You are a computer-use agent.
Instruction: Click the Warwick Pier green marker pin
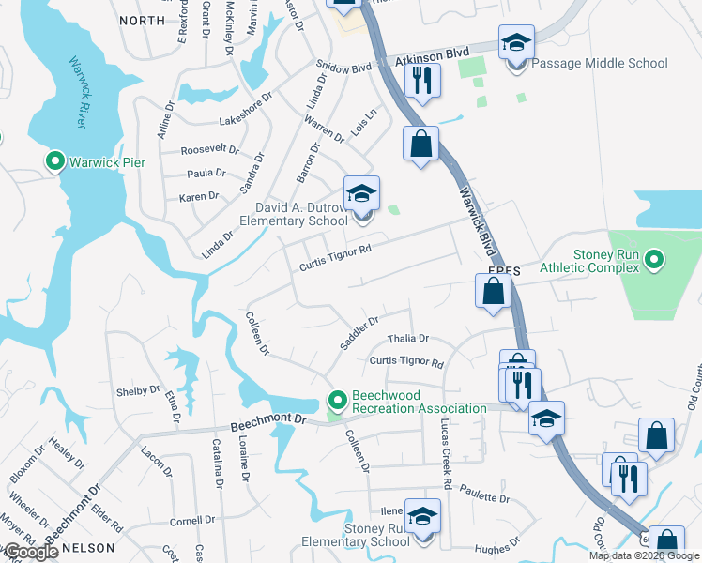(x=54, y=162)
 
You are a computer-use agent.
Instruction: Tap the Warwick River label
(x=78, y=92)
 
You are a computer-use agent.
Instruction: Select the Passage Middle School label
(x=600, y=63)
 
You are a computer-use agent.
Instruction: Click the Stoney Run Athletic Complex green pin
(x=655, y=259)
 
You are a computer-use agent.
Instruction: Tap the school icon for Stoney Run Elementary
(x=422, y=518)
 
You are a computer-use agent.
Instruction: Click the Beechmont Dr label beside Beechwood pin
(x=278, y=418)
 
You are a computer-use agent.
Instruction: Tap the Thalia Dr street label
(x=409, y=338)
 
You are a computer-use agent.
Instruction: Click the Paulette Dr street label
(x=483, y=498)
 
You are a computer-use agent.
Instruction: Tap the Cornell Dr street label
(x=192, y=519)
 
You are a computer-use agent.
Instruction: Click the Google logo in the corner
(x=30, y=553)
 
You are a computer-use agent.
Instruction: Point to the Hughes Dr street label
(x=497, y=542)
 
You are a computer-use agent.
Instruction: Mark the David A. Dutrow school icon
(x=361, y=194)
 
